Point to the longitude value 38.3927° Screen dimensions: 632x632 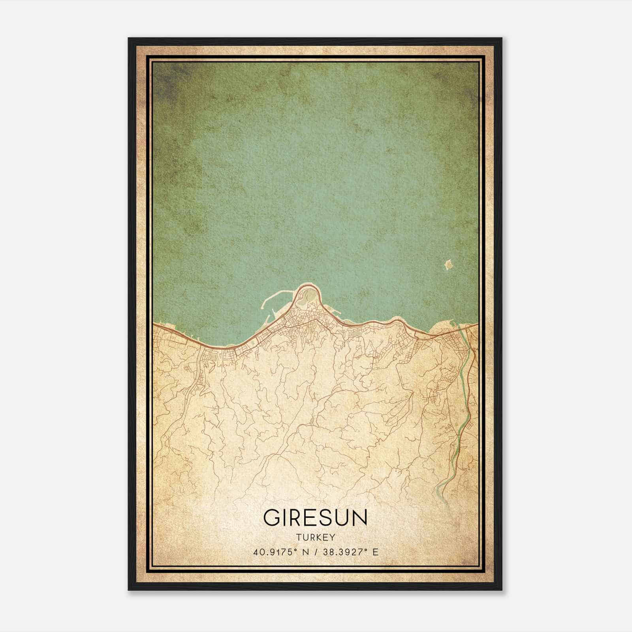click(x=343, y=552)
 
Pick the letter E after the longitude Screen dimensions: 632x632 click(x=375, y=552)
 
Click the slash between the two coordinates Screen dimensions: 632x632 click(x=314, y=552)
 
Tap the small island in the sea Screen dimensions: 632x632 click(x=448, y=264)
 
